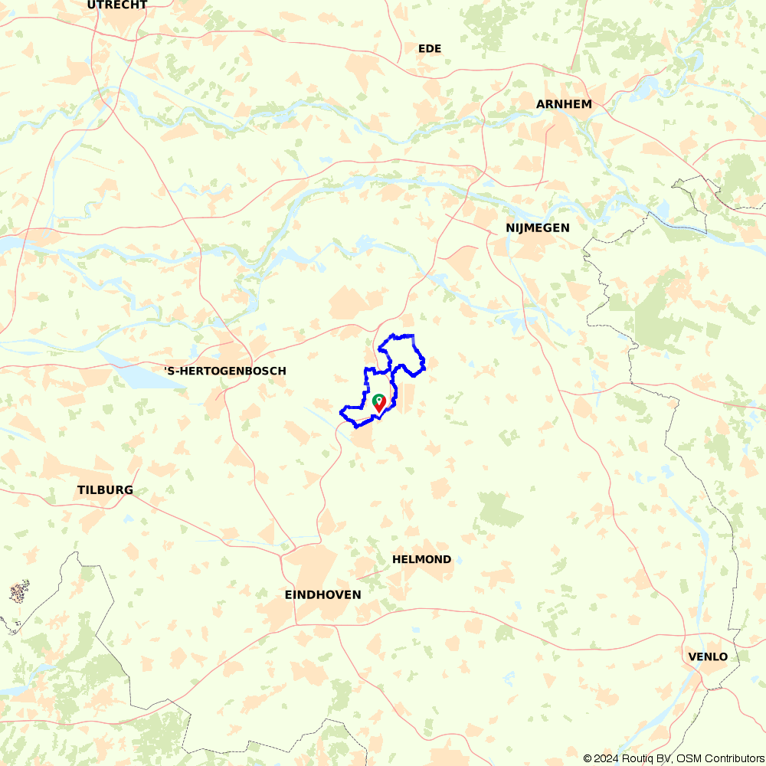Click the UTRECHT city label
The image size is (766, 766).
click(x=117, y=5)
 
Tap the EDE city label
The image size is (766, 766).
click(x=430, y=48)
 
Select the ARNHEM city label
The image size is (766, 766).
click(x=564, y=104)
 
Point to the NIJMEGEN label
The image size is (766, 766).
click(x=538, y=228)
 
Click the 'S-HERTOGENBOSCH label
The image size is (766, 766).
click(x=225, y=371)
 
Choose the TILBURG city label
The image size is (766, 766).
click(x=105, y=489)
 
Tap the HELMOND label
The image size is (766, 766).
click(x=421, y=559)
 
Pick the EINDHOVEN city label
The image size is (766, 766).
click(x=322, y=594)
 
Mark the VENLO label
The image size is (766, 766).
click(x=708, y=656)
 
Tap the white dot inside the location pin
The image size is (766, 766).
click(x=378, y=400)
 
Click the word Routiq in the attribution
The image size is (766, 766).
click(x=637, y=758)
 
